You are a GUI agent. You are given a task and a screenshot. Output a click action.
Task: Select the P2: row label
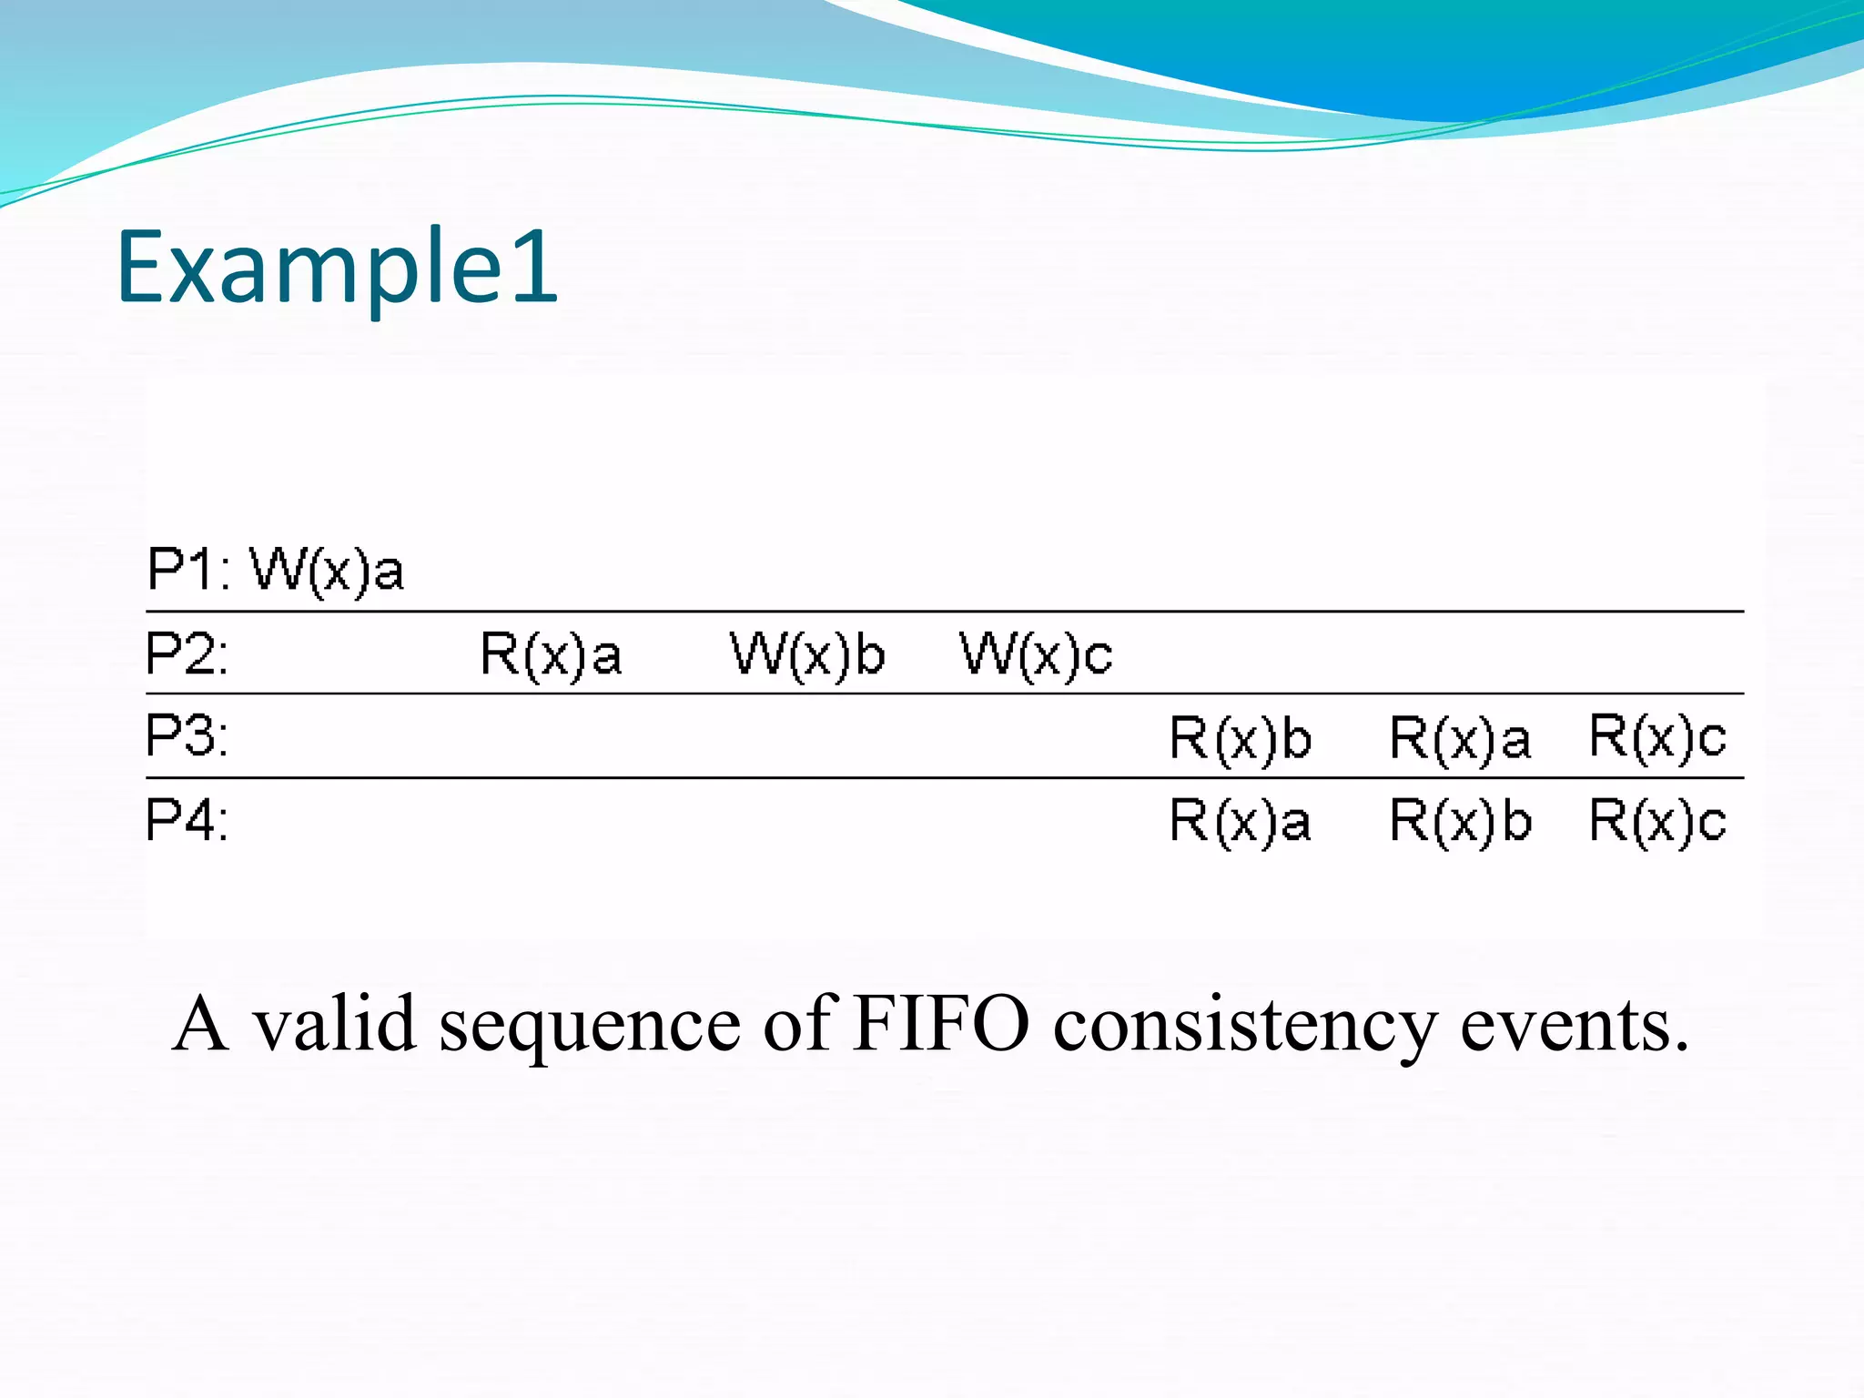(187, 653)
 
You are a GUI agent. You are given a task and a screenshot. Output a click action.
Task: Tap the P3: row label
(187, 736)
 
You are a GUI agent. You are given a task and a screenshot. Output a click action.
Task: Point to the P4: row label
(187, 820)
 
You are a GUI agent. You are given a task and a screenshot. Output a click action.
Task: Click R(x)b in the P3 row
(1241, 738)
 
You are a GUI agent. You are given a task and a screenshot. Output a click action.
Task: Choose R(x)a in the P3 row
(1460, 738)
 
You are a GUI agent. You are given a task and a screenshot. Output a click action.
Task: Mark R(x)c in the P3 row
(1657, 736)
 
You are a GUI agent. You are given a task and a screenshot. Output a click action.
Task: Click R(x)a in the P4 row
(1241, 821)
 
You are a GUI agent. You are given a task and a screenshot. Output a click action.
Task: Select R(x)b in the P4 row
(1461, 821)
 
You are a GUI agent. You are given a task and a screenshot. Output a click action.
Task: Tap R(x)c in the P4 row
(1657, 821)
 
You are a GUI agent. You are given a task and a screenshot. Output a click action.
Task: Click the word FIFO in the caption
(940, 1025)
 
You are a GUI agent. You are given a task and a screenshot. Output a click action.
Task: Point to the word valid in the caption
(334, 1025)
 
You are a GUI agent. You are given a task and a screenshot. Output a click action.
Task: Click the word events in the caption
(1575, 1025)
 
